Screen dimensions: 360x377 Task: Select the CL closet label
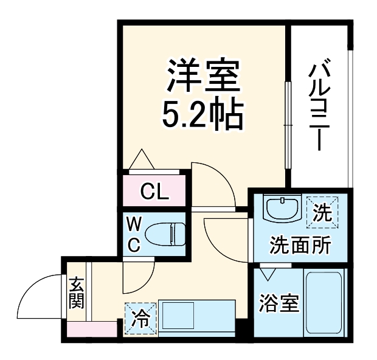point(154,192)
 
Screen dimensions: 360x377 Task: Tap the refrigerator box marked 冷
point(140,317)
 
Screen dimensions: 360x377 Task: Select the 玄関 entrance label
point(76,292)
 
